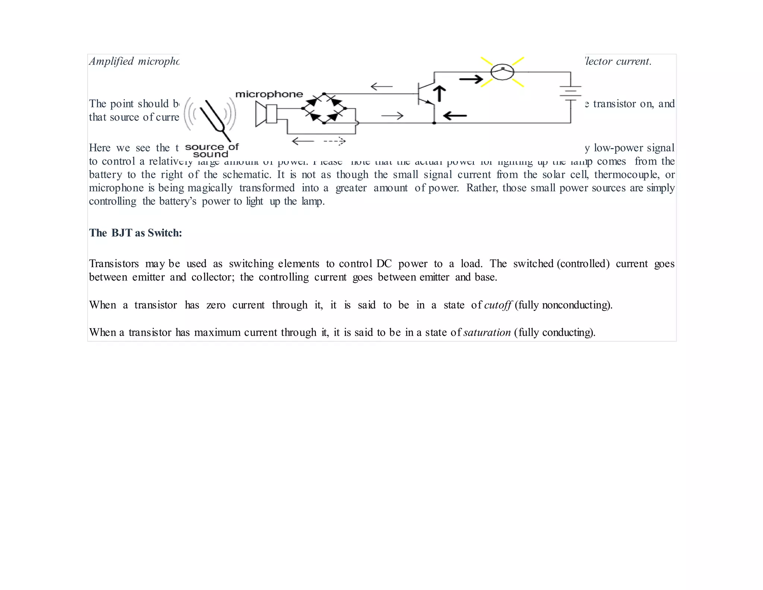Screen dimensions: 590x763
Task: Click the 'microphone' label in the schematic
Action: (x=269, y=94)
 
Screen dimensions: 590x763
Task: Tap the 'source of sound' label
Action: (x=211, y=150)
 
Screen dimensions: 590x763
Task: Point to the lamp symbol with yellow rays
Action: (x=502, y=72)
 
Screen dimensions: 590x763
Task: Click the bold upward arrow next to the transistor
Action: (x=440, y=94)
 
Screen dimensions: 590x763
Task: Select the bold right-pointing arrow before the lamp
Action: (x=471, y=79)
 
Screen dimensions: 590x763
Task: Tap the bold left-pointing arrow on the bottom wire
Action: (x=455, y=116)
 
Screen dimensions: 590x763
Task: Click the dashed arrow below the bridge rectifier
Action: (x=335, y=141)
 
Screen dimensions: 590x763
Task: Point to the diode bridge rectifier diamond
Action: (x=324, y=109)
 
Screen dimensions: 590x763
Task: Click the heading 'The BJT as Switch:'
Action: (x=135, y=233)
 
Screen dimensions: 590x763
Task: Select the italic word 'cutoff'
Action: (x=498, y=305)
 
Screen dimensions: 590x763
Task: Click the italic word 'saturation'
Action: (x=487, y=332)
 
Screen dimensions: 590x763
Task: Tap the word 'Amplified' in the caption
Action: (x=111, y=61)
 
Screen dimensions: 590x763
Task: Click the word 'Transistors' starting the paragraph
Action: (x=114, y=264)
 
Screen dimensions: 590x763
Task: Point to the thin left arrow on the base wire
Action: (x=381, y=87)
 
